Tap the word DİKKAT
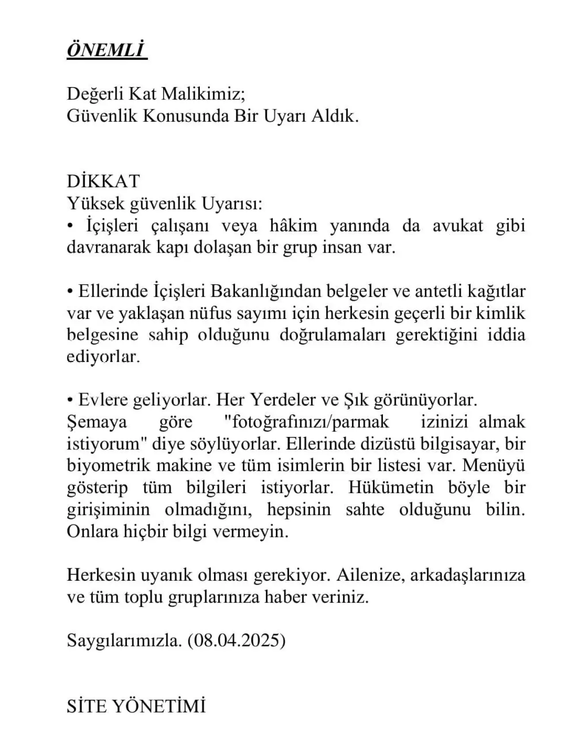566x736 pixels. pyautogui.click(x=103, y=181)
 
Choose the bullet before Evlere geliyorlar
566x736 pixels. pyautogui.click(x=70, y=400)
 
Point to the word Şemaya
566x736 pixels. pyautogui.click(x=97, y=422)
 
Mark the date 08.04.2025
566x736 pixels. pyautogui.click(x=237, y=640)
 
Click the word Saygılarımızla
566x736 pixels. pyautogui.click(x=124, y=640)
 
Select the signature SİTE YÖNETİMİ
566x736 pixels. pyautogui.click(x=136, y=706)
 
